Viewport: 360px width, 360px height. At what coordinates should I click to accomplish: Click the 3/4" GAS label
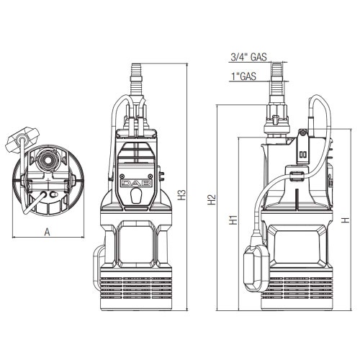248,56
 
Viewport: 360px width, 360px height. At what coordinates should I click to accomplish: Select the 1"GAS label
245,75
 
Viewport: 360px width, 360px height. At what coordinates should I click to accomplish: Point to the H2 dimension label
211,200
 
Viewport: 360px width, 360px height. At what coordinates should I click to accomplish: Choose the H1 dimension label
233,220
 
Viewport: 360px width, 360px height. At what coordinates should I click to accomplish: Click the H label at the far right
346,220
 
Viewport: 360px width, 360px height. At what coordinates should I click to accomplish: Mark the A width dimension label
48,231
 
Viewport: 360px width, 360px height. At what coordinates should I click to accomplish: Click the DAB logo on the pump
135,185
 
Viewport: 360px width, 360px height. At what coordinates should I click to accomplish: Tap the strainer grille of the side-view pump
295,292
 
